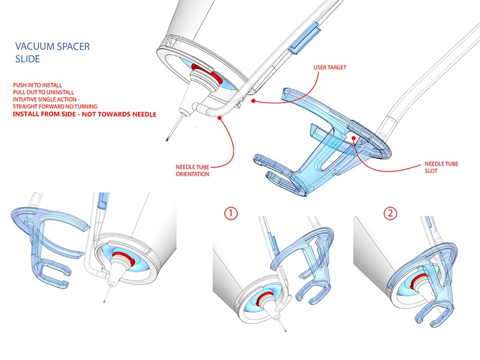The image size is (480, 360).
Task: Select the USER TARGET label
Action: tap(329, 68)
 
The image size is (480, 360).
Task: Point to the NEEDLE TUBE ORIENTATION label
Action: tap(193, 170)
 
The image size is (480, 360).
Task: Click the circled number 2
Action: tap(391, 213)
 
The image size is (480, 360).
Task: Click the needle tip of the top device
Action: tap(166, 140)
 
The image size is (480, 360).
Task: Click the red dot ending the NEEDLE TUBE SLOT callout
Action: tap(355, 137)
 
